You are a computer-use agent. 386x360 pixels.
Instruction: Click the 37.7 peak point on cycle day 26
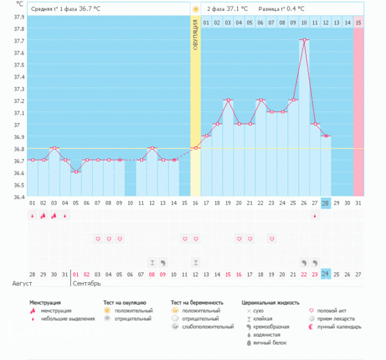point(304,40)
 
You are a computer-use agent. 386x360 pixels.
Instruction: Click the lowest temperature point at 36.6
point(76,172)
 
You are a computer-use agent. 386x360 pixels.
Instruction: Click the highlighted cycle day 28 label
point(326,203)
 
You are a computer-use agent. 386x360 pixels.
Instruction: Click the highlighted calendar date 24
point(326,273)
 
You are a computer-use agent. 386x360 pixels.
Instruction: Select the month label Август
point(22,283)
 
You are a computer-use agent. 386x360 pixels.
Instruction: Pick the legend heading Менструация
point(45,301)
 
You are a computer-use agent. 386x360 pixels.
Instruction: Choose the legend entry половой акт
point(332,310)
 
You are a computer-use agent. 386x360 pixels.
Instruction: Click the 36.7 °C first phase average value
point(90,9)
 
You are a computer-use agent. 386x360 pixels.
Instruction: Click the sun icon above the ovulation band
point(196,9)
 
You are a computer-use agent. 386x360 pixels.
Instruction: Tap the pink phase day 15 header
point(358,23)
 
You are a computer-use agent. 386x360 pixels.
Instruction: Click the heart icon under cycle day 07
point(98,239)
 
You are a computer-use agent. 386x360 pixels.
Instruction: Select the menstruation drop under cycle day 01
point(32,216)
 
